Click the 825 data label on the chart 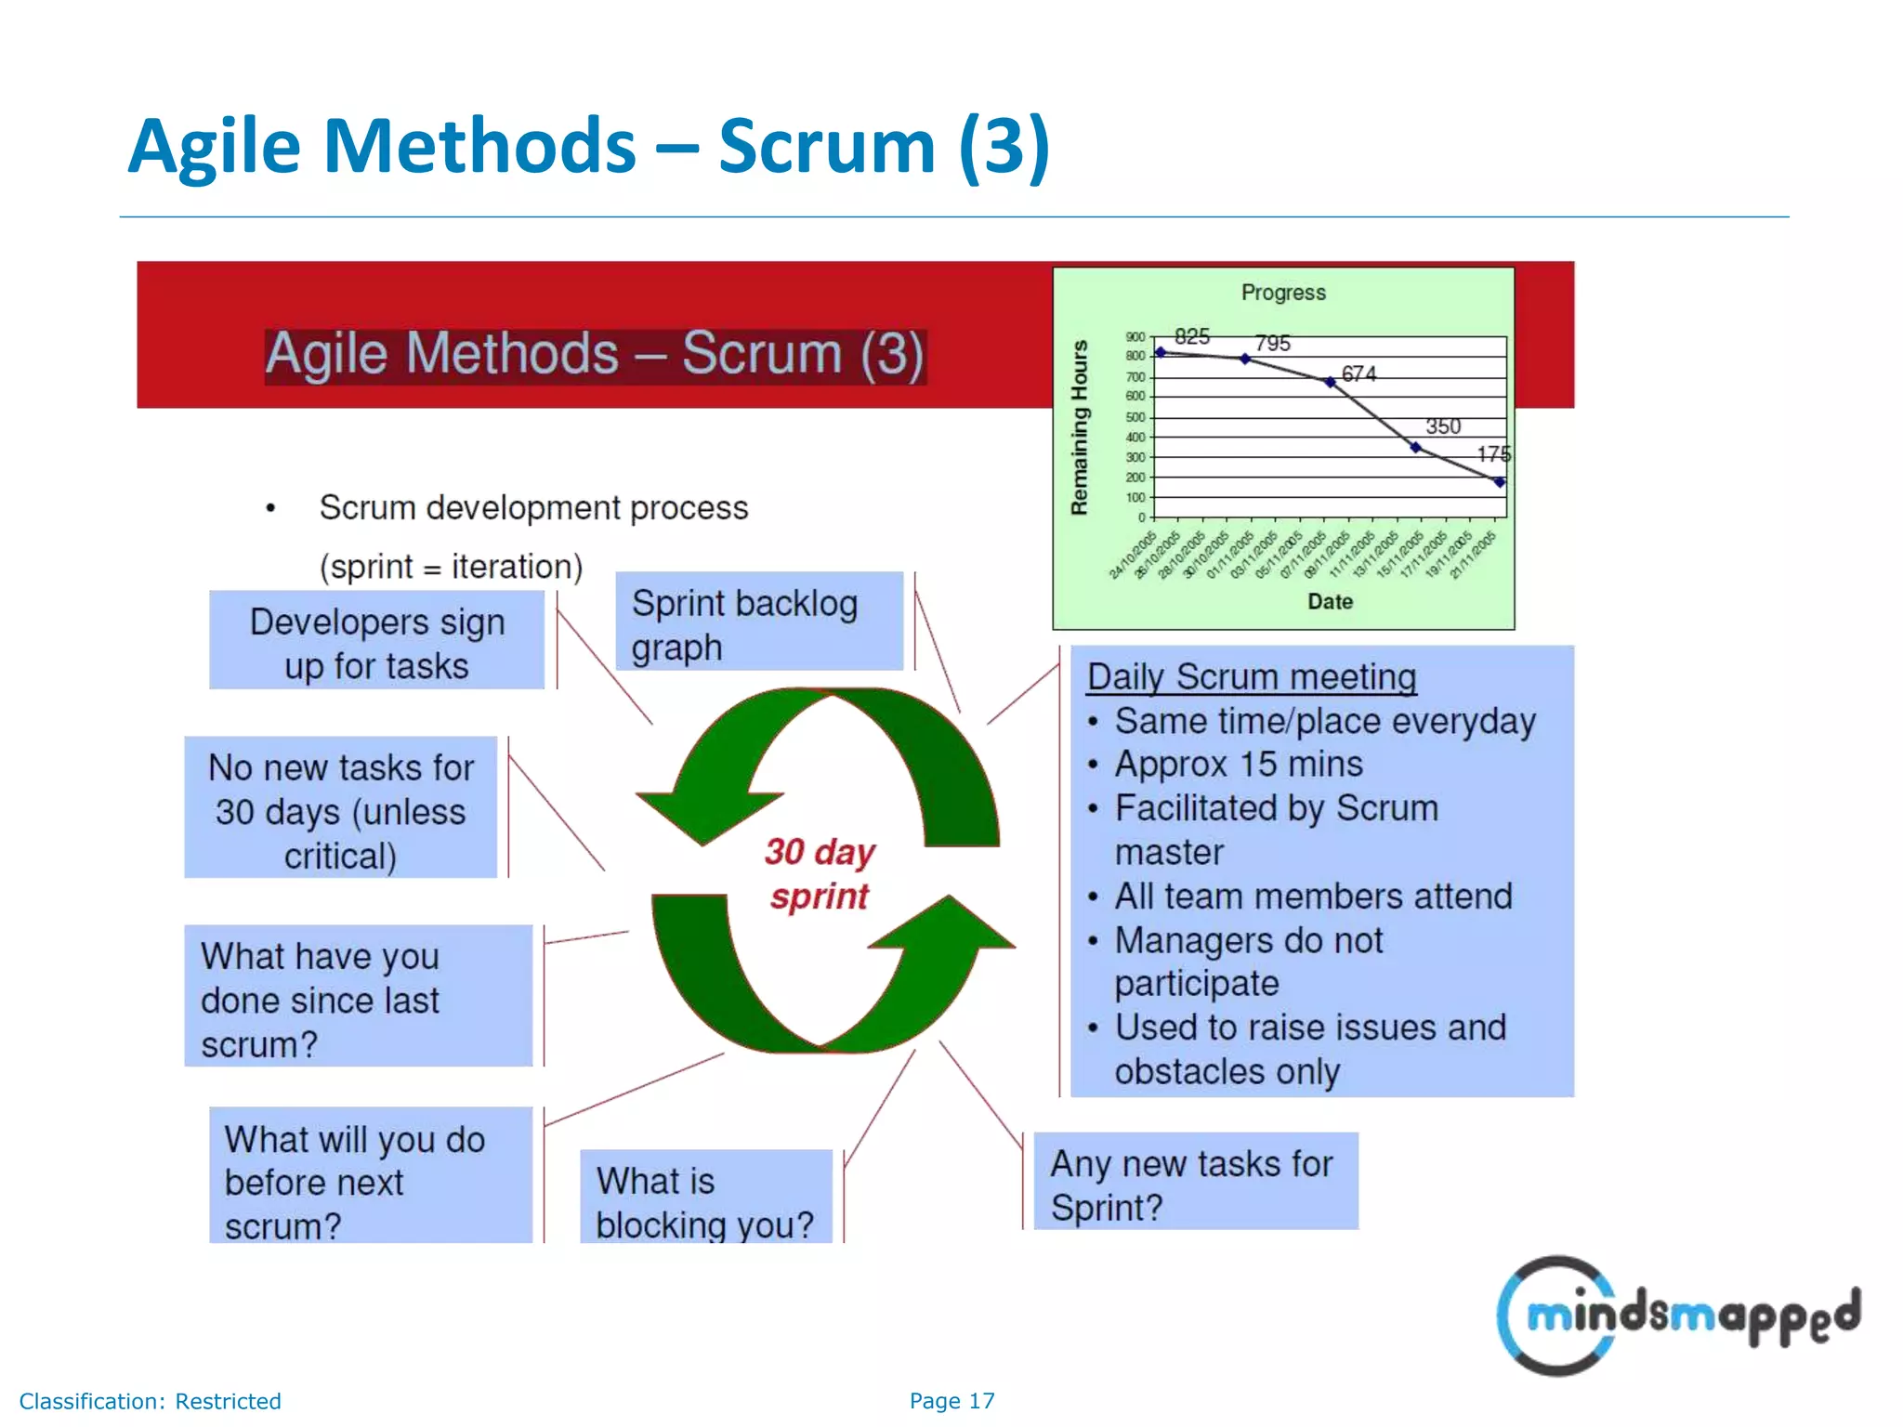1191,336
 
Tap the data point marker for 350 1415,448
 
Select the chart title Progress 1283,293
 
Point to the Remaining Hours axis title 1079,427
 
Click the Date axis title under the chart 1330,602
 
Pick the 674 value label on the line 1358,373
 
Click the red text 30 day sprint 820,874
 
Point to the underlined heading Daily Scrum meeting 1252,677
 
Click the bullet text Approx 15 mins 1239,764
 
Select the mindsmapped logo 1678,1315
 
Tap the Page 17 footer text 951,1401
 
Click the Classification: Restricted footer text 151,1401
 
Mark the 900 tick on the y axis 1135,337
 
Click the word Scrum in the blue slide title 826,147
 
